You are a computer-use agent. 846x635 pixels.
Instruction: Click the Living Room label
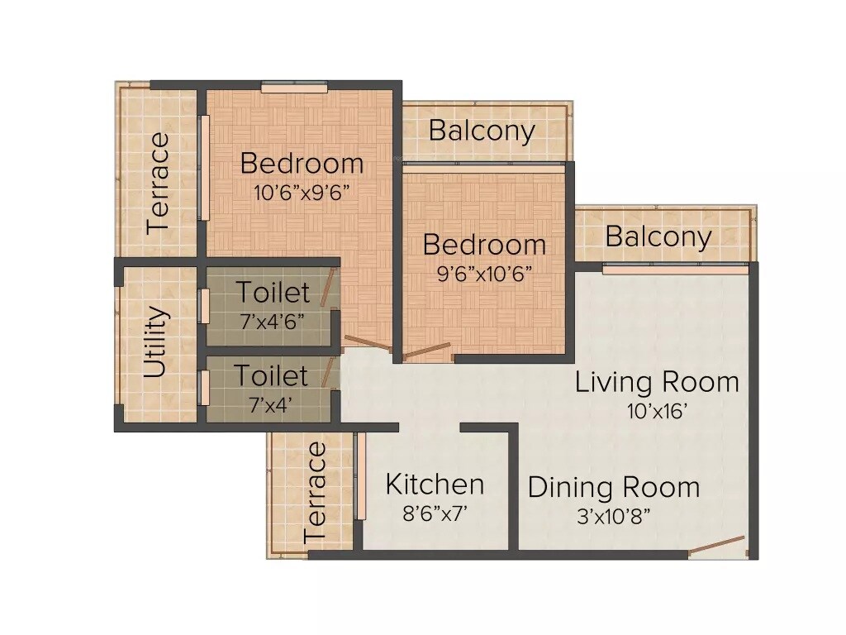657,382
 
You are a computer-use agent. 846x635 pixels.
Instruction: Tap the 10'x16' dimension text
657,411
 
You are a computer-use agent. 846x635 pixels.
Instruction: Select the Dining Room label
613,487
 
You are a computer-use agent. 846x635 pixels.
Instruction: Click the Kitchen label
435,484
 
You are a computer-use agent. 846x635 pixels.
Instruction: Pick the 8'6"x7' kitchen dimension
435,513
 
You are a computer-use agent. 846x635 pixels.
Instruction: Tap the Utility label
156,342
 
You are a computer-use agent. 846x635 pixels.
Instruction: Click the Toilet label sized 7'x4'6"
273,293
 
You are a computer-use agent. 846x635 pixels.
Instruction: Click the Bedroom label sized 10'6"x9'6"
302,164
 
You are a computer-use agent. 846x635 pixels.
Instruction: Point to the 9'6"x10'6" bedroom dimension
484,274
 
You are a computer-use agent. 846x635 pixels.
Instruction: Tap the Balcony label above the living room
658,236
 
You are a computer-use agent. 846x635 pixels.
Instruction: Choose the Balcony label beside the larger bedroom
482,131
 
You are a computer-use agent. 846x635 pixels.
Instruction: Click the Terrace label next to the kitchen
316,492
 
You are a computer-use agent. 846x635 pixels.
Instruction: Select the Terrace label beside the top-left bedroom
158,183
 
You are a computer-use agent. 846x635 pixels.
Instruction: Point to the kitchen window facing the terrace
360,477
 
